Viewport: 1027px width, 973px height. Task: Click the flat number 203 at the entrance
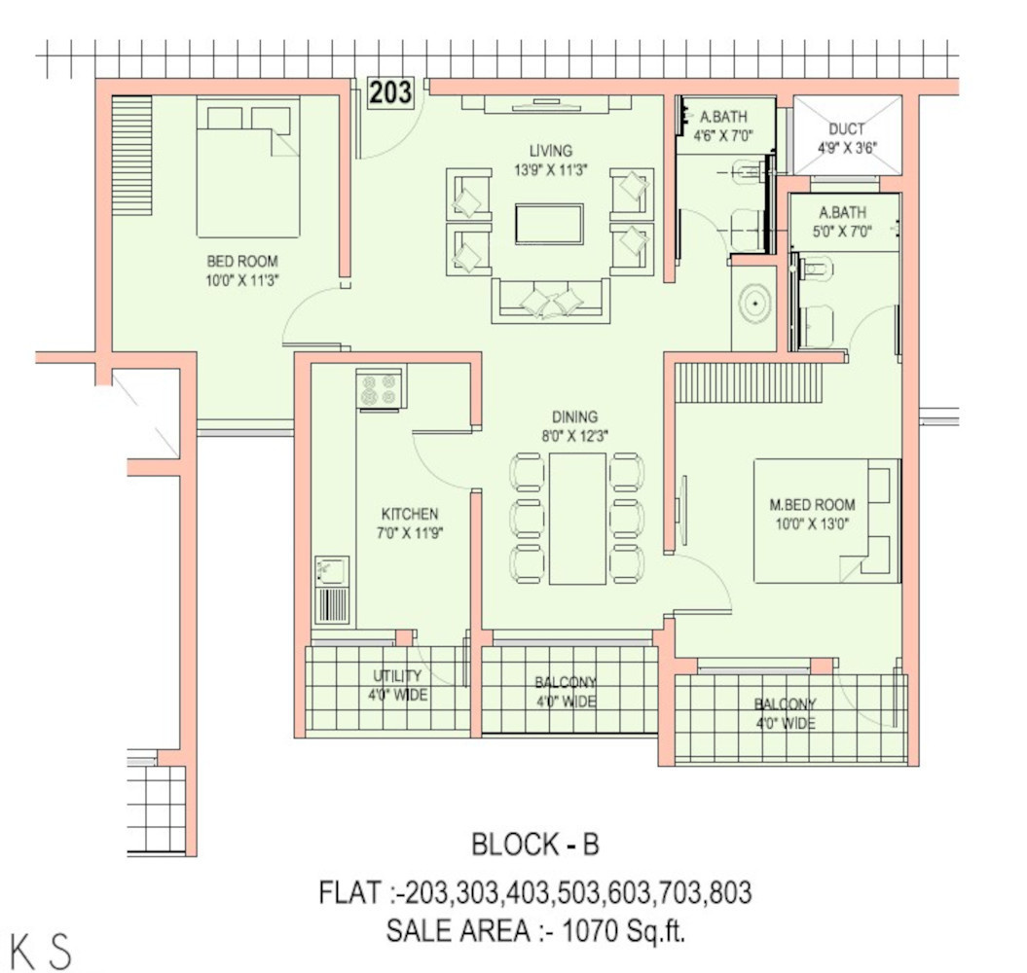(x=390, y=92)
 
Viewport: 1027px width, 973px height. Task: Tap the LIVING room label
(x=551, y=151)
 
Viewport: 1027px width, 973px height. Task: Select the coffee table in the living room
(x=550, y=225)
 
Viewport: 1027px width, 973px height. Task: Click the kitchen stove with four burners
(x=380, y=389)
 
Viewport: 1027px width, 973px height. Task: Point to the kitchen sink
(x=331, y=571)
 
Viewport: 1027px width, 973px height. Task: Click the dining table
(x=577, y=518)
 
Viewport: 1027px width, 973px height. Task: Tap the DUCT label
(x=846, y=129)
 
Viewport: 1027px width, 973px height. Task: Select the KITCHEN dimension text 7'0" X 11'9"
(x=410, y=533)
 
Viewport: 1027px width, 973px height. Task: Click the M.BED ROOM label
(x=812, y=505)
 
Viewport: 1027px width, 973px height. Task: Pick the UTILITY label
(x=397, y=675)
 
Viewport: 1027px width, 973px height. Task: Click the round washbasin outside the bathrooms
(x=755, y=304)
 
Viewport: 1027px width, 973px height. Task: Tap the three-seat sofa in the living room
(x=551, y=301)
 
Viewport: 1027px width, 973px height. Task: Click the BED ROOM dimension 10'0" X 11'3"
(x=243, y=281)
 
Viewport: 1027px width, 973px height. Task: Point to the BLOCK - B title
(x=535, y=845)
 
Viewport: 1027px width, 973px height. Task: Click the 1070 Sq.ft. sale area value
(x=624, y=930)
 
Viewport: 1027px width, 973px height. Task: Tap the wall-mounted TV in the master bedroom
(x=683, y=510)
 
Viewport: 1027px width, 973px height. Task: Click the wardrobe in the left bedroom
(x=131, y=155)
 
